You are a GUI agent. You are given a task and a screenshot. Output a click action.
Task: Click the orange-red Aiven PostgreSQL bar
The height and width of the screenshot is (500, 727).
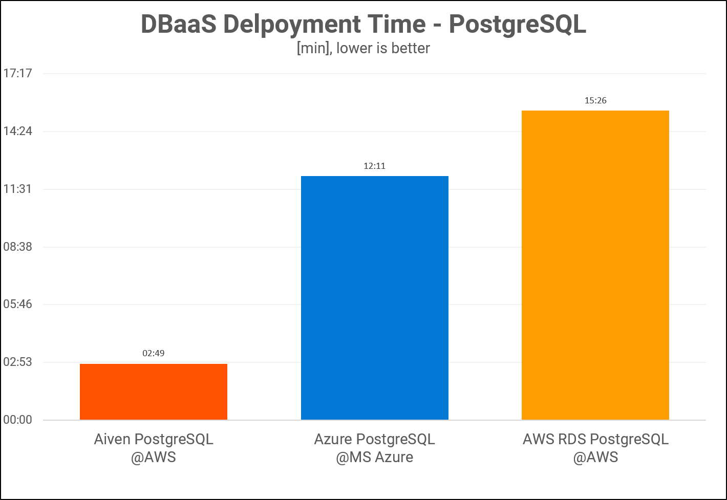154,392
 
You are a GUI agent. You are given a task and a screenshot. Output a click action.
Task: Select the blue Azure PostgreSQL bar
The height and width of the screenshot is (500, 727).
374,298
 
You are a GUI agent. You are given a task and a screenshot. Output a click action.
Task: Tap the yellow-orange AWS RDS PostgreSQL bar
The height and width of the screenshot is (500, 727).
595,265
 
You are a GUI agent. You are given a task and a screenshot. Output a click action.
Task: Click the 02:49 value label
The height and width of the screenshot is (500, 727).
154,353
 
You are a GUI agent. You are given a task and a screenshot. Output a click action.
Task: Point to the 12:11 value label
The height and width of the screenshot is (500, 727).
374,166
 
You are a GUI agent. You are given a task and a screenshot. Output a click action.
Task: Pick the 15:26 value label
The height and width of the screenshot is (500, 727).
595,100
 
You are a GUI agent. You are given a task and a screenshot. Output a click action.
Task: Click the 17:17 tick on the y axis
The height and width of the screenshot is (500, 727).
17,73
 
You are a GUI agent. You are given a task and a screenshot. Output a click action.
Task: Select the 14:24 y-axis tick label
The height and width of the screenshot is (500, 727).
17,131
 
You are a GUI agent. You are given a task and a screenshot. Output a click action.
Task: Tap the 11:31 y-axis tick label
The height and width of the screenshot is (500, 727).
17,189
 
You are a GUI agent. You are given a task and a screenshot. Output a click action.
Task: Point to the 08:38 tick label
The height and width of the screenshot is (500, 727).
17,247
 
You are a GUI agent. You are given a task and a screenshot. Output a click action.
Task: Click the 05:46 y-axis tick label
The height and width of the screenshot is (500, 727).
17,304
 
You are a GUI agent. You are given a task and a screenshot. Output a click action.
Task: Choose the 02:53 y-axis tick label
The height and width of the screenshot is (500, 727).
17,362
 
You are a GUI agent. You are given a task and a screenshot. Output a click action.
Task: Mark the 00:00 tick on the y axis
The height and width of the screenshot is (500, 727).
17,420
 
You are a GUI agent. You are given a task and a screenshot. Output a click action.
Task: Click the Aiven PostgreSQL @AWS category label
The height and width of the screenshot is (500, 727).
154,448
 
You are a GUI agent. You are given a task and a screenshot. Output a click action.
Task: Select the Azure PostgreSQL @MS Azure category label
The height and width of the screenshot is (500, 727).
374,448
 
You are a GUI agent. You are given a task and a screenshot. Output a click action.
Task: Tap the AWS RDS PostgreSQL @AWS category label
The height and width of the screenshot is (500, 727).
595,448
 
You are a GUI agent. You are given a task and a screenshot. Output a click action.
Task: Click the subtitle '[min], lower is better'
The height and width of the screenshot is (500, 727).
363,48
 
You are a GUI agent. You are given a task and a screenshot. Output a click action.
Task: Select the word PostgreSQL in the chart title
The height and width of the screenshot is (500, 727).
518,25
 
